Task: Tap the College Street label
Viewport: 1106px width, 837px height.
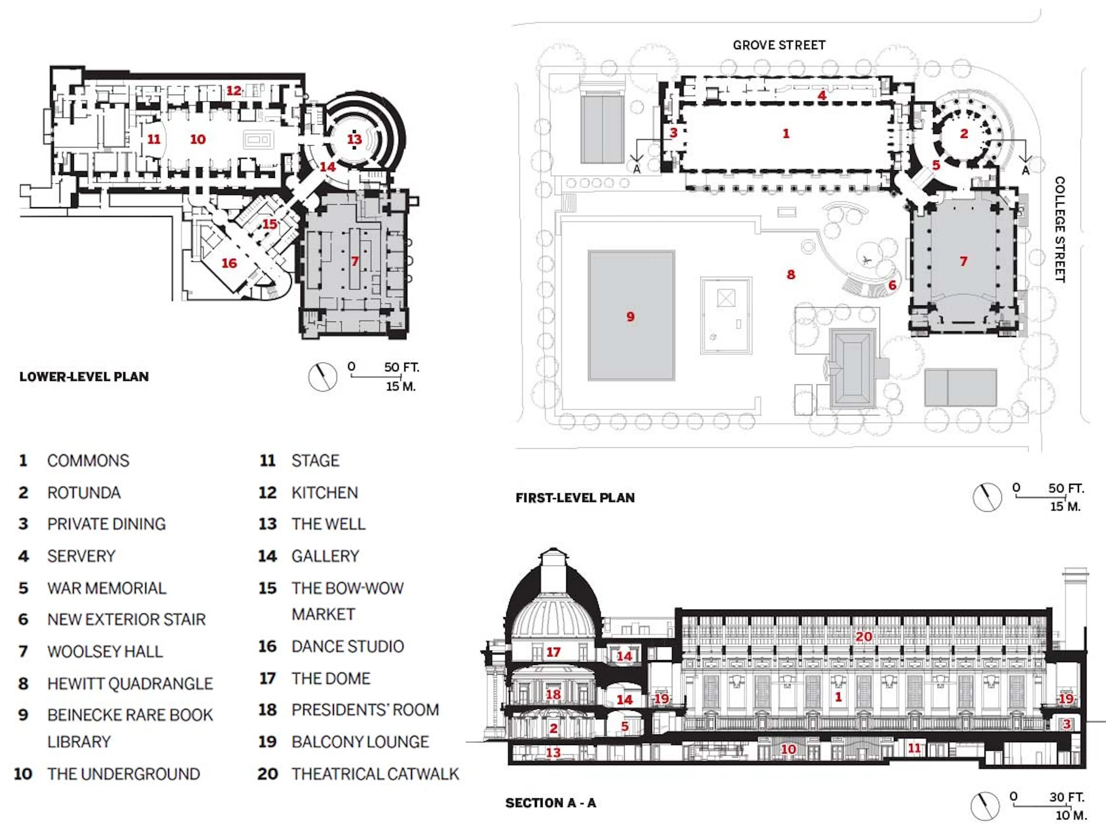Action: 1059,229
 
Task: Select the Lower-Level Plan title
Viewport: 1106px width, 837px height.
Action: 84,377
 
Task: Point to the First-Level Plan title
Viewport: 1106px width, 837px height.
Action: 575,498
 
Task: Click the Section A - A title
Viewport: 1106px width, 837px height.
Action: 550,803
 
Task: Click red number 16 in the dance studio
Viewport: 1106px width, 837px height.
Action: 229,263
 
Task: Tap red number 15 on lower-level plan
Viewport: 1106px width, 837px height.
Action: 270,224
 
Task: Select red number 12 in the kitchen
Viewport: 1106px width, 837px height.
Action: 234,91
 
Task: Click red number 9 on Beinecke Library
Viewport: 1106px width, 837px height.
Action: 630,317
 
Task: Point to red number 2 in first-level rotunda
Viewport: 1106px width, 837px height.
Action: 963,133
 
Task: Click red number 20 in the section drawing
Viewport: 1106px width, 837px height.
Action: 863,636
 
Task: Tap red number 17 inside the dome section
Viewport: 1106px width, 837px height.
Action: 553,652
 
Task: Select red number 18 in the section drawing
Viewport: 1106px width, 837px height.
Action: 553,694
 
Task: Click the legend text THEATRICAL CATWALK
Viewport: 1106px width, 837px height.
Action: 375,774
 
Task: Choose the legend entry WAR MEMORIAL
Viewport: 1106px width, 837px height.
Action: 107,588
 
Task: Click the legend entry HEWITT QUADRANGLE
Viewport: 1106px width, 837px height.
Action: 130,683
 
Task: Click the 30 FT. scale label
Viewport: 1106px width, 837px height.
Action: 1067,797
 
